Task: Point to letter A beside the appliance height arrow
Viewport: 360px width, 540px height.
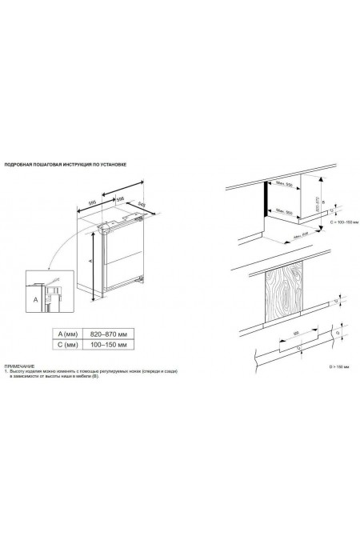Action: tap(91, 260)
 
